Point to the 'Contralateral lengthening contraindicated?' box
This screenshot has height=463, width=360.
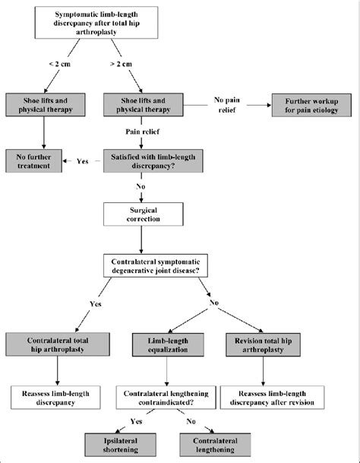click(165, 397)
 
